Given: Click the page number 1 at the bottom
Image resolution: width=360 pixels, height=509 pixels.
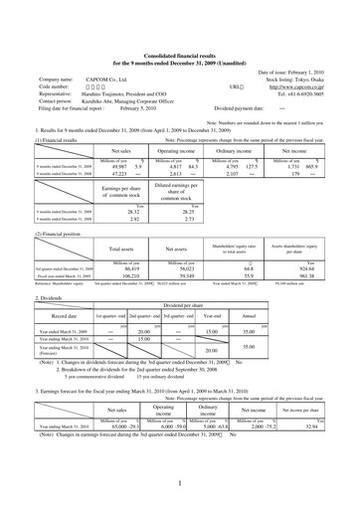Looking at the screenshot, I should tap(180, 483).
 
